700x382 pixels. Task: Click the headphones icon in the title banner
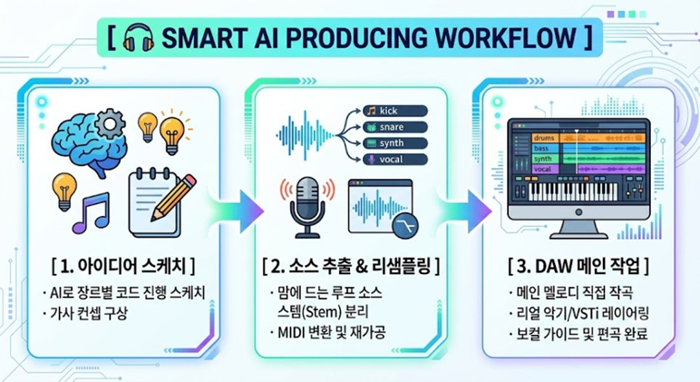138,38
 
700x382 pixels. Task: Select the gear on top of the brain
110,122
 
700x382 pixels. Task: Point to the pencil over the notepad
174,198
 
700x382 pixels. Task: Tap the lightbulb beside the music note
64,191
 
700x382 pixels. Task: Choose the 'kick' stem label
395,111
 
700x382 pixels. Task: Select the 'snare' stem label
395,127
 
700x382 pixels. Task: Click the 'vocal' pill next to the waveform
395,160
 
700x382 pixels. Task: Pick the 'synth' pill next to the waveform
395,143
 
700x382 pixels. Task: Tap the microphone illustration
306,207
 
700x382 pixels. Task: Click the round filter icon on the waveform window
405,226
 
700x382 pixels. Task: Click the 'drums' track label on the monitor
545,138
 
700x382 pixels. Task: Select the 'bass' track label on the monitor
545,148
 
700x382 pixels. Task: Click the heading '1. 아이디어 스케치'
123,266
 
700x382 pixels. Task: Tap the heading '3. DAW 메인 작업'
578,267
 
